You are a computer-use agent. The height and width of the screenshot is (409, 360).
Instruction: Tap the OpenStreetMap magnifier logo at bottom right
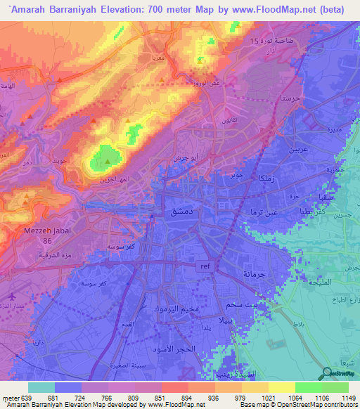click(x=328, y=375)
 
